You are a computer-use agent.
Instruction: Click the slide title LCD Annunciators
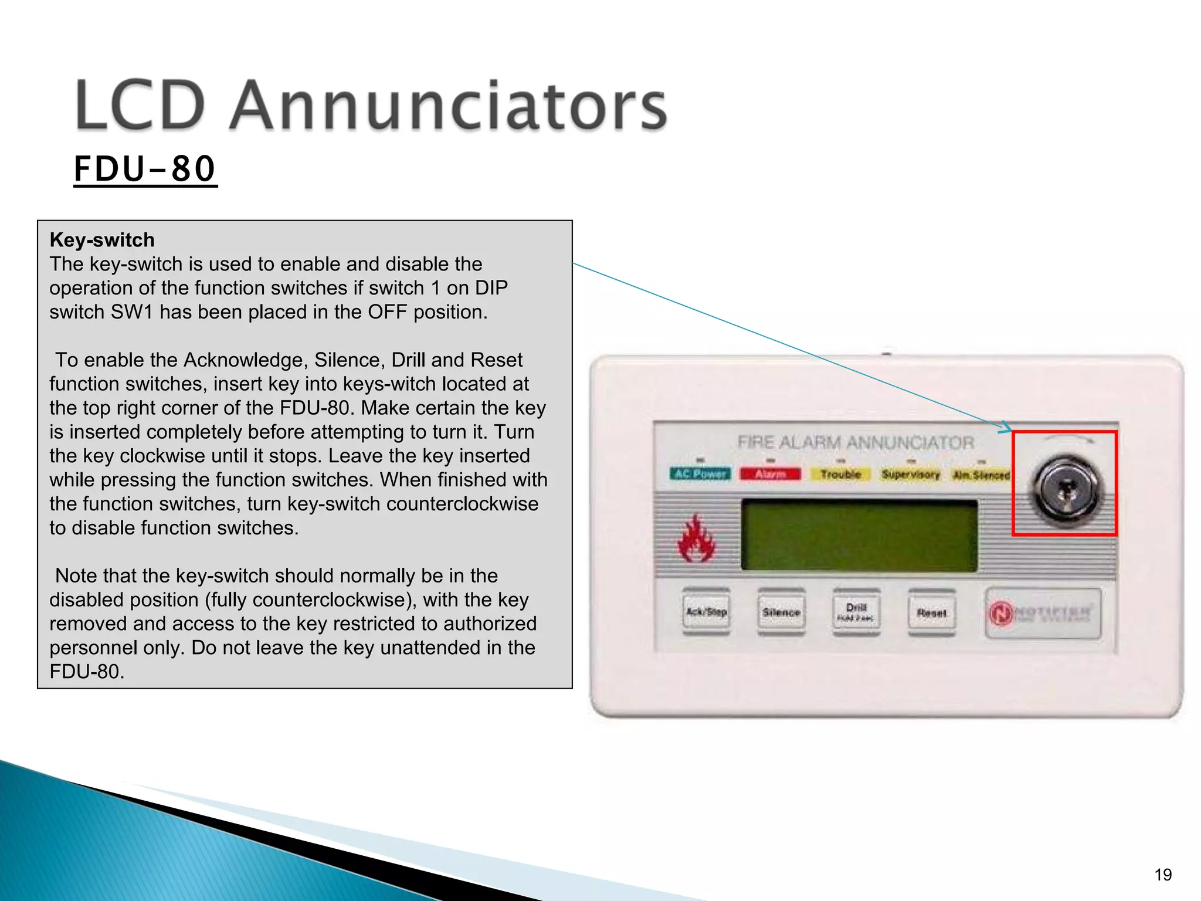click(x=371, y=106)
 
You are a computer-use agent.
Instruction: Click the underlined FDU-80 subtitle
click(x=145, y=169)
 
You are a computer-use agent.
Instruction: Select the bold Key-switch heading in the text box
click(x=102, y=240)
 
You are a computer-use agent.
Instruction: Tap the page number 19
click(x=1163, y=875)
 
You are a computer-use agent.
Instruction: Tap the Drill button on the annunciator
click(x=856, y=612)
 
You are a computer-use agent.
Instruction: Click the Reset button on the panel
click(x=931, y=613)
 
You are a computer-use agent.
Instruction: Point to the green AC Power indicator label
click(x=701, y=474)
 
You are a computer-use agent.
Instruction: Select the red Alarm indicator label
click(x=770, y=474)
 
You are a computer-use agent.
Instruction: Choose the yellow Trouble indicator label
click(x=840, y=474)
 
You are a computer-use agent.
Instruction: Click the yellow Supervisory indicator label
click(x=911, y=474)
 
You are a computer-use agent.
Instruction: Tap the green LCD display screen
click(x=859, y=535)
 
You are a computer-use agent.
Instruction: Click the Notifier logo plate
click(x=1043, y=614)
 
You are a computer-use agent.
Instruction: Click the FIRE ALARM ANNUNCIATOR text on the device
click(x=856, y=442)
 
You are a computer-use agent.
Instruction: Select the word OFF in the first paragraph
click(x=387, y=312)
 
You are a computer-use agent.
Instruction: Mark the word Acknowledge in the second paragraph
click(x=246, y=360)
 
